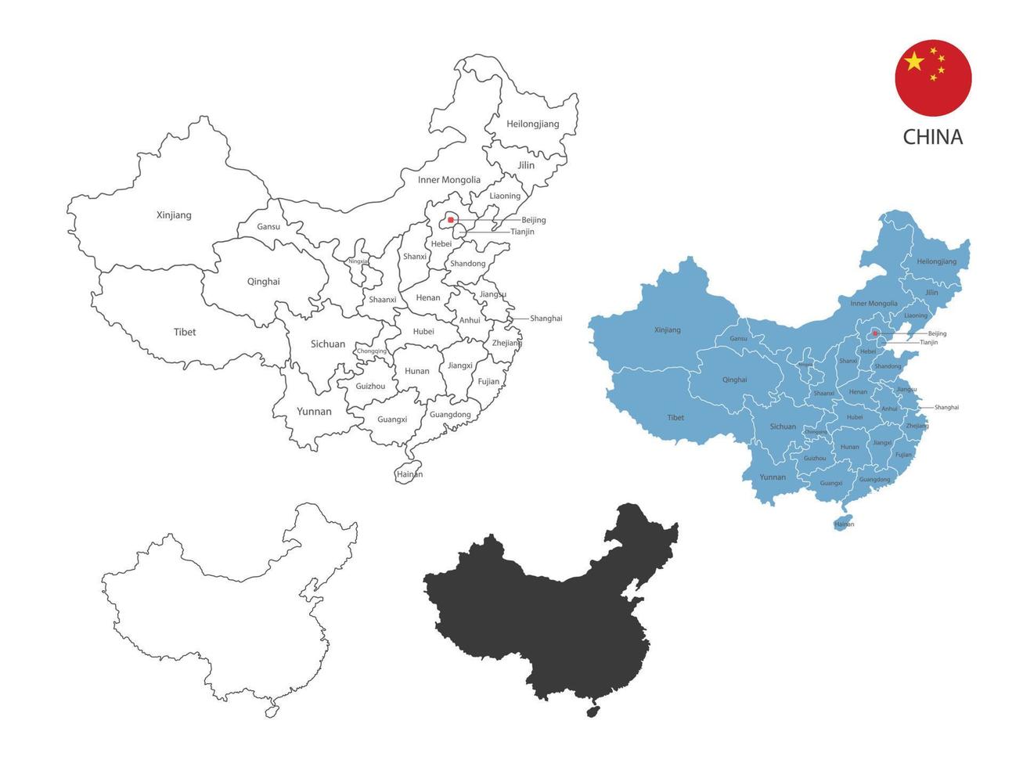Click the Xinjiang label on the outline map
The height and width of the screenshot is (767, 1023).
(174, 215)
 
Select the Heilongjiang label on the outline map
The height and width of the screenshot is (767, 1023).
(533, 124)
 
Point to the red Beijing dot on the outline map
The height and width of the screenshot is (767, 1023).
(451, 220)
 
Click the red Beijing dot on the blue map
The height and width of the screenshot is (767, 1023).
(875, 334)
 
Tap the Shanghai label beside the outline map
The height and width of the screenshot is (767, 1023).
(546, 319)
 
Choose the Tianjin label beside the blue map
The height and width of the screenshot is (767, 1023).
(929, 342)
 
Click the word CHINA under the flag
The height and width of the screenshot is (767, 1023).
(933, 137)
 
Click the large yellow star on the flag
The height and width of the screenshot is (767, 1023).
(914, 61)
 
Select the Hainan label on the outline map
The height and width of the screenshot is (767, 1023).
(409, 474)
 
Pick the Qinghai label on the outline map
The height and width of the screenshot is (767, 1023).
(263, 282)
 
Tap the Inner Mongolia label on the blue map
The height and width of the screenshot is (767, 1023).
(874, 303)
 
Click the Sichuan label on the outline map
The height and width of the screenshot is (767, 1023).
(328, 344)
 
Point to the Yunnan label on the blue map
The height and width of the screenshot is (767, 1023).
(773, 477)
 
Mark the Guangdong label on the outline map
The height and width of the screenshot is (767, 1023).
(451, 414)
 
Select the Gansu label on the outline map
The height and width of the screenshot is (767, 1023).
(268, 227)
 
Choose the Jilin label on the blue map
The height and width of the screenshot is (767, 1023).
(931, 293)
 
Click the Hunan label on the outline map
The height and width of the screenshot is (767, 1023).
(417, 371)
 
